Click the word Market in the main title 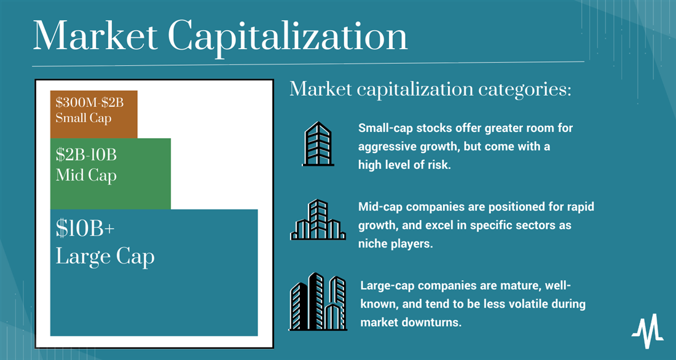[x=95, y=36]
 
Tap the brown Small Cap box [x=94, y=114]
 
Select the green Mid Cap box [x=111, y=174]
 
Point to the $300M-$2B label [x=90, y=103]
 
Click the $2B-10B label [x=86, y=155]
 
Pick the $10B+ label [x=85, y=229]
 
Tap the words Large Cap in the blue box [x=104, y=257]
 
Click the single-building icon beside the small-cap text [x=318, y=144]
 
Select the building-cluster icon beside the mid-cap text [x=318, y=219]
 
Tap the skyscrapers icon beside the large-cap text [x=318, y=302]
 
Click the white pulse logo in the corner [x=648, y=331]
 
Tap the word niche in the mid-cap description [x=372, y=244]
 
